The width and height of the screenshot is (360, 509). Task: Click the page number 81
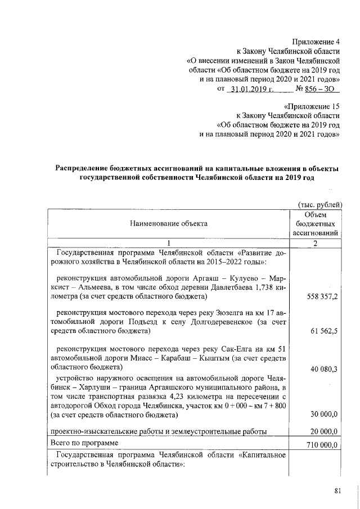(337, 491)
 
